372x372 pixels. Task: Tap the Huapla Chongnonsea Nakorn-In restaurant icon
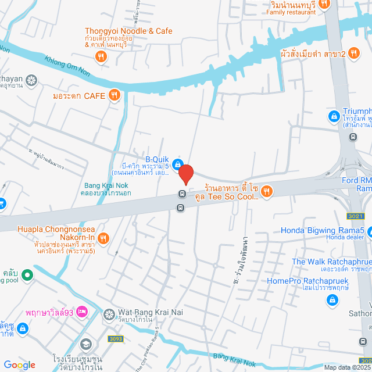(x=103, y=237)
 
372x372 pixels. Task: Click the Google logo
(x=19, y=365)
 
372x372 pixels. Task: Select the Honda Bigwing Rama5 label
(x=323, y=230)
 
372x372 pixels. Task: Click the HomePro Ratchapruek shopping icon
(x=332, y=300)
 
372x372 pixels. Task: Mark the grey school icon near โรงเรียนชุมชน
(x=86, y=345)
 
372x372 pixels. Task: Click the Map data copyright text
(x=347, y=367)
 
